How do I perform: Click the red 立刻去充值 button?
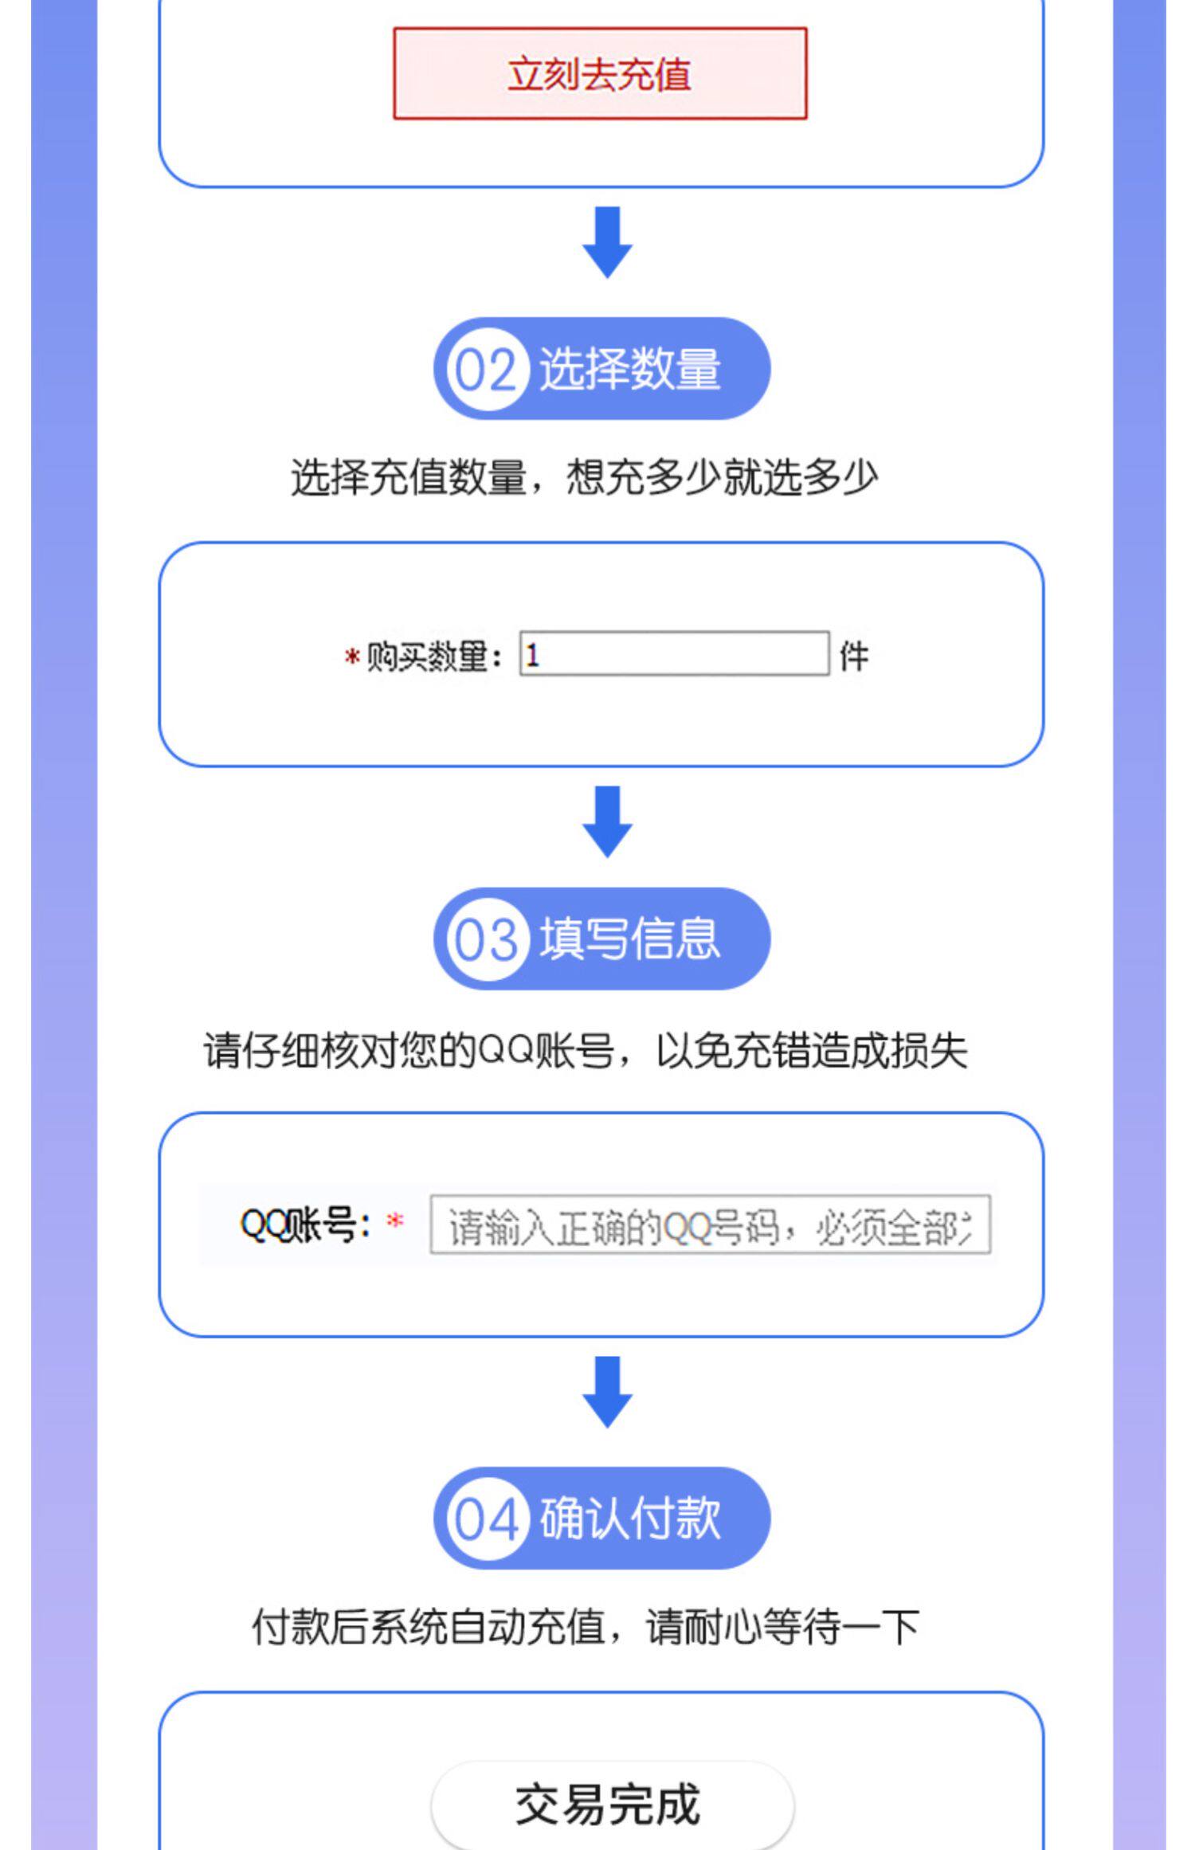(x=599, y=74)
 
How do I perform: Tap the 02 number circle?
(x=485, y=370)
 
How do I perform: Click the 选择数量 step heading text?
(x=629, y=370)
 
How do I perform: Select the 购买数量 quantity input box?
(x=674, y=654)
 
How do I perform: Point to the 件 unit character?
(x=853, y=657)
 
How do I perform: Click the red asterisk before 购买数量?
(x=351, y=658)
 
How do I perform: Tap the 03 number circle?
(x=485, y=939)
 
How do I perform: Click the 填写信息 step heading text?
(x=629, y=939)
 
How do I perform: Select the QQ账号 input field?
(x=709, y=1225)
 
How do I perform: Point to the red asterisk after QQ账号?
(x=395, y=1221)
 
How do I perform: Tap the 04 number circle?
(x=485, y=1519)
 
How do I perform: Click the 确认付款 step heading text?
(x=629, y=1519)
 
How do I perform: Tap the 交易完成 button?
(x=610, y=1805)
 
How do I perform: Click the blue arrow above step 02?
(x=607, y=242)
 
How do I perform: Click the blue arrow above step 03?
(x=607, y=821)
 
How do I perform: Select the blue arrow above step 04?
(x=607, y=1392)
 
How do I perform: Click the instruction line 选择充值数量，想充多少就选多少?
(x=584, y=478)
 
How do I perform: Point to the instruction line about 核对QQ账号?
(x=586, y=1051)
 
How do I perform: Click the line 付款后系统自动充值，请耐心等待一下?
(x=586, y=1627)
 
